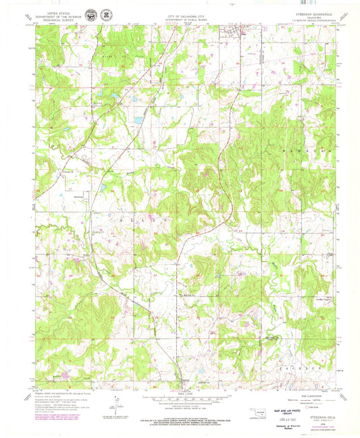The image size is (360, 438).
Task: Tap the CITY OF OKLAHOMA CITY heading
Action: click(x=179, y=12)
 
